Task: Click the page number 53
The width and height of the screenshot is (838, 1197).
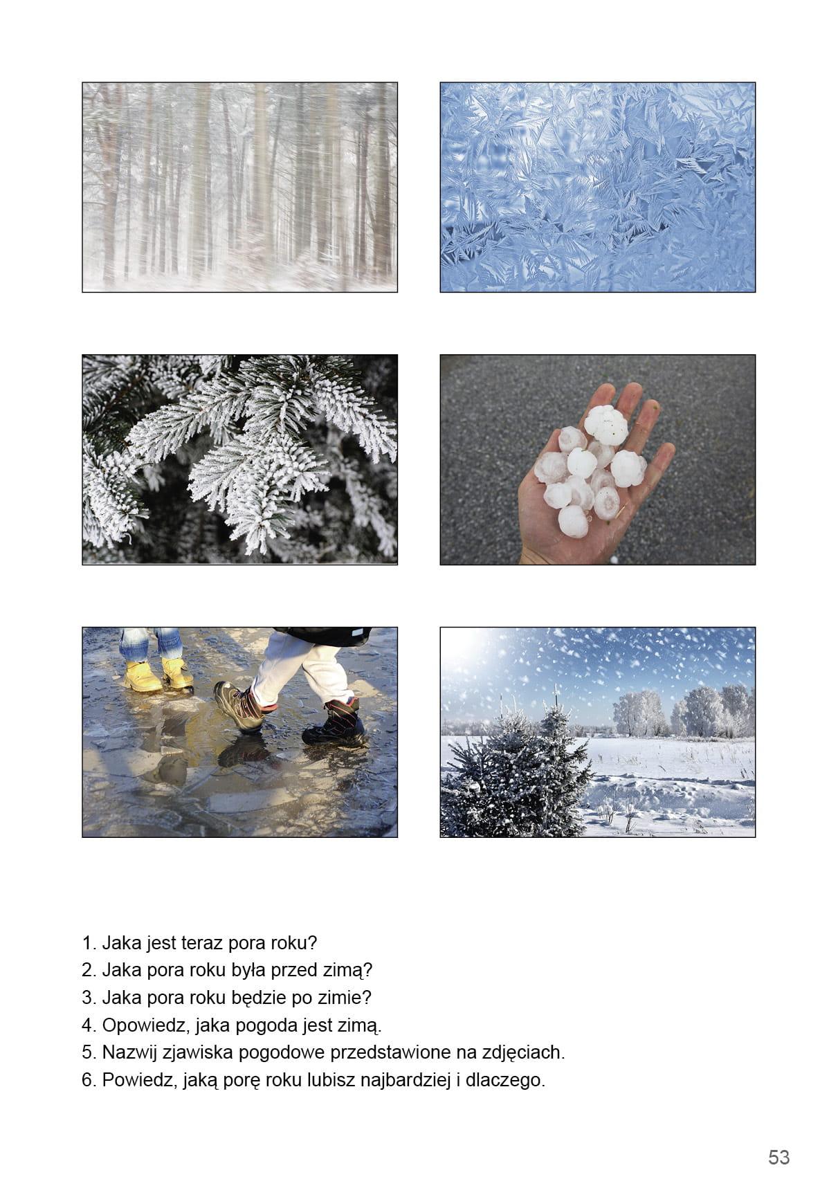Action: tap(778, 1157)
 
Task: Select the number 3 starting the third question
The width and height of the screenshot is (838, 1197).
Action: tap(88, 998)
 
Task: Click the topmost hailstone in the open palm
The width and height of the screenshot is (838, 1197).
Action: tap(606, 425)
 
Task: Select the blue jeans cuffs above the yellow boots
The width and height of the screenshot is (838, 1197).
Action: tap(150, 643)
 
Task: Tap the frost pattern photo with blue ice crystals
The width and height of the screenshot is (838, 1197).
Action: tap(598, 187)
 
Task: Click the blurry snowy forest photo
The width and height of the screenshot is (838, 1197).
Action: tap(239, 187)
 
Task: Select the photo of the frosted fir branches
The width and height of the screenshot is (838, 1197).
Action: tap(239, 459)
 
